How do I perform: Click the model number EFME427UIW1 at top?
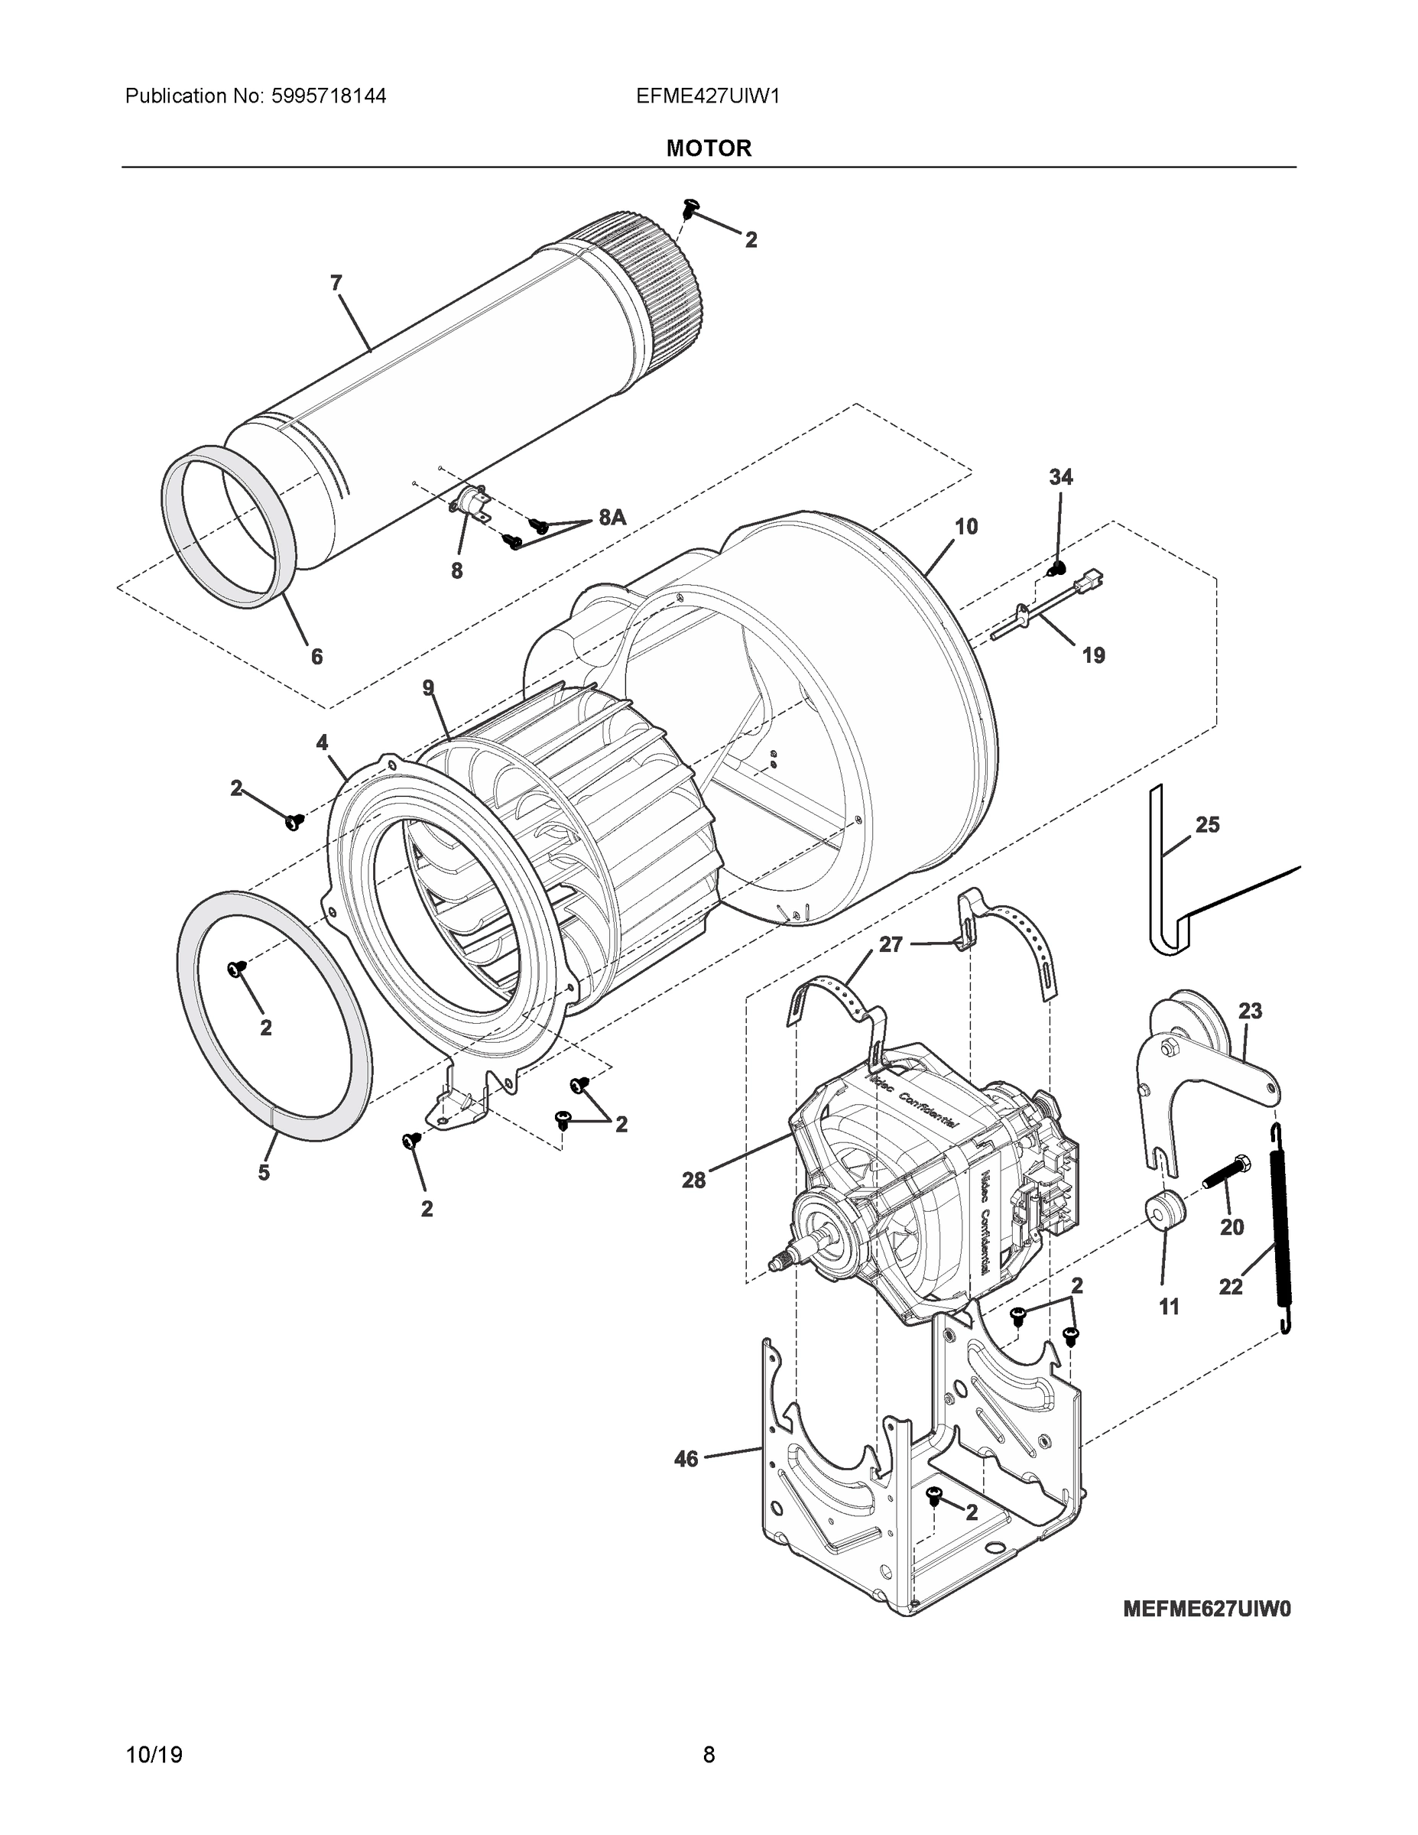708,96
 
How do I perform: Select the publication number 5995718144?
329,96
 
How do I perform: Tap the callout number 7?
336,283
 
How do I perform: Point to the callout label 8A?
612,518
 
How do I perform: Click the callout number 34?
1060,477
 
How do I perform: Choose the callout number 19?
1093,655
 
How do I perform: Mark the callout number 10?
966,527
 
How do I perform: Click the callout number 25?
1207,825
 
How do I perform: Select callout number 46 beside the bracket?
686,1460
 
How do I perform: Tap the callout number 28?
694,1181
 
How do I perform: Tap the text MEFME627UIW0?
1206,1609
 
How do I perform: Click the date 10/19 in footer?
154,1755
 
